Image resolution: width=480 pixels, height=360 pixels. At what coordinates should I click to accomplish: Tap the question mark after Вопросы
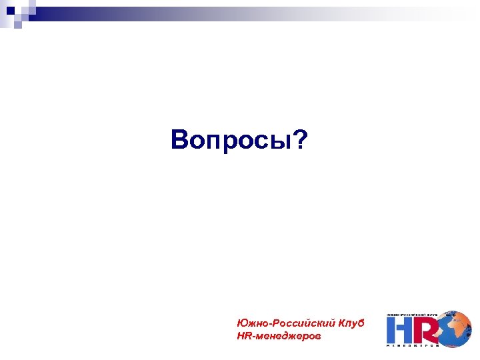click(301, 140)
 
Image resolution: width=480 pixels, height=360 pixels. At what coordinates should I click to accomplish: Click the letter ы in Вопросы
click(283, 142)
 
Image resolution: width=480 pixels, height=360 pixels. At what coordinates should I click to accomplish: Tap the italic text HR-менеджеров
click(278, 337)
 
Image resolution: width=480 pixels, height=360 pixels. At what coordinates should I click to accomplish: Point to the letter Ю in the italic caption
click(241, 323)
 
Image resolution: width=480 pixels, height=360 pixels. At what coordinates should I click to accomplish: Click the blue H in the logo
click(400, 329)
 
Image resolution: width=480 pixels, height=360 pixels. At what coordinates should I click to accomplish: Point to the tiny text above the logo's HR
click(413, 314)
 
